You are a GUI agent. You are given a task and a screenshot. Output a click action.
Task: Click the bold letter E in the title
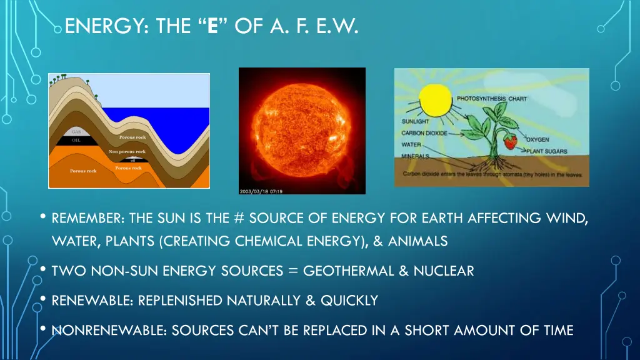213,27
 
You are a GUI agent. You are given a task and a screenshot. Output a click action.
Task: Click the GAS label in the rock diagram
76,132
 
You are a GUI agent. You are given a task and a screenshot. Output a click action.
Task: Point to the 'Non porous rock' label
127,151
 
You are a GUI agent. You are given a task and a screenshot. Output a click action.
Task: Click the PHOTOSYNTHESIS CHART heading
492,99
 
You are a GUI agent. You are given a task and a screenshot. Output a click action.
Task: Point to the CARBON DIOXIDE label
422,132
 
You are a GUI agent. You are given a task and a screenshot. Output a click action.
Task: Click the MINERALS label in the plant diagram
415,156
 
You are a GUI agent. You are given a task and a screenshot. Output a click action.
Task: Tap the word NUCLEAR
443,271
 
